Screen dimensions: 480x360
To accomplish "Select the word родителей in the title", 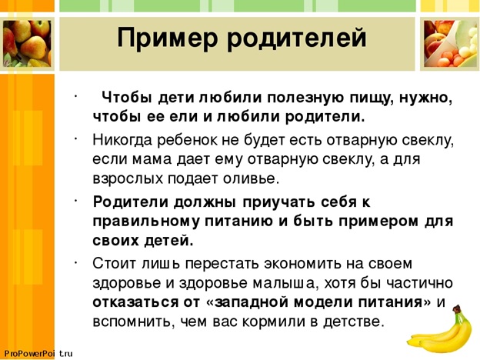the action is click(297, 38).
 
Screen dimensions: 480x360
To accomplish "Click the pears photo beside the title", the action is click(27, 43).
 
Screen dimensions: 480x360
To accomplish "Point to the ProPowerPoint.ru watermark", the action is click(38, 354).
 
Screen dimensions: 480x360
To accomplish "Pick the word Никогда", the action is click(122, 141).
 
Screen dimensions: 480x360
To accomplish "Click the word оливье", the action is click(251, 178).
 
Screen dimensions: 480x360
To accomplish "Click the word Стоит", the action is click(114, 264).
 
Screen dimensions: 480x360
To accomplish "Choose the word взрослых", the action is click(128, 179).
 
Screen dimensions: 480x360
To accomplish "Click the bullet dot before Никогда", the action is click(75, 138).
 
